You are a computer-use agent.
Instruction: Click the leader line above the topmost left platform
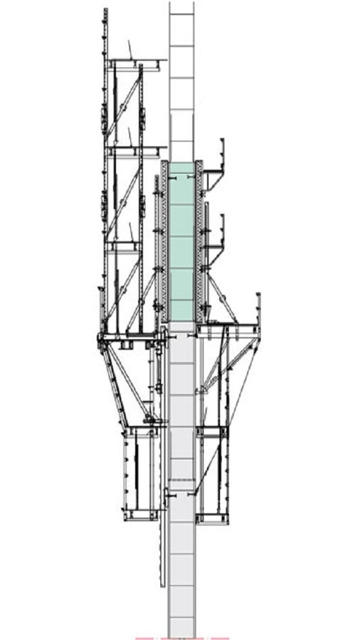pos(130,50)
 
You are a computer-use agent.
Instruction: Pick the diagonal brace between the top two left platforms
pos(124,107)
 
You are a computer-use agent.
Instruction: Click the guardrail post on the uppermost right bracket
pos(223,153)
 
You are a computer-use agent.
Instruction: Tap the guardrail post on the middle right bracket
pos(223,228)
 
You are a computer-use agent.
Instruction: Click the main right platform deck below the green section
pos(228,328)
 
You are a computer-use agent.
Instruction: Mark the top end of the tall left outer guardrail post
pos(105,11)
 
